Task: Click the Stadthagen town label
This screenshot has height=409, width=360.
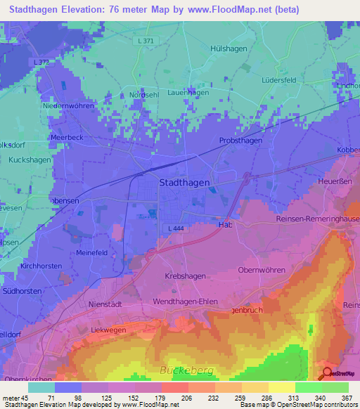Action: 184,182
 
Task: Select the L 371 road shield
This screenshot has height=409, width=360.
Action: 146,41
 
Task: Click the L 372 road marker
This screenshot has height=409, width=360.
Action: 40,63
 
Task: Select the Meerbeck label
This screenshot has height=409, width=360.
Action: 67,138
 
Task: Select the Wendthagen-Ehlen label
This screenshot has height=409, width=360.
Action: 185,301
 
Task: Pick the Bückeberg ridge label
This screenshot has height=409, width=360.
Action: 187,369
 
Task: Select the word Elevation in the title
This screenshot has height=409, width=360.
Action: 90,10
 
